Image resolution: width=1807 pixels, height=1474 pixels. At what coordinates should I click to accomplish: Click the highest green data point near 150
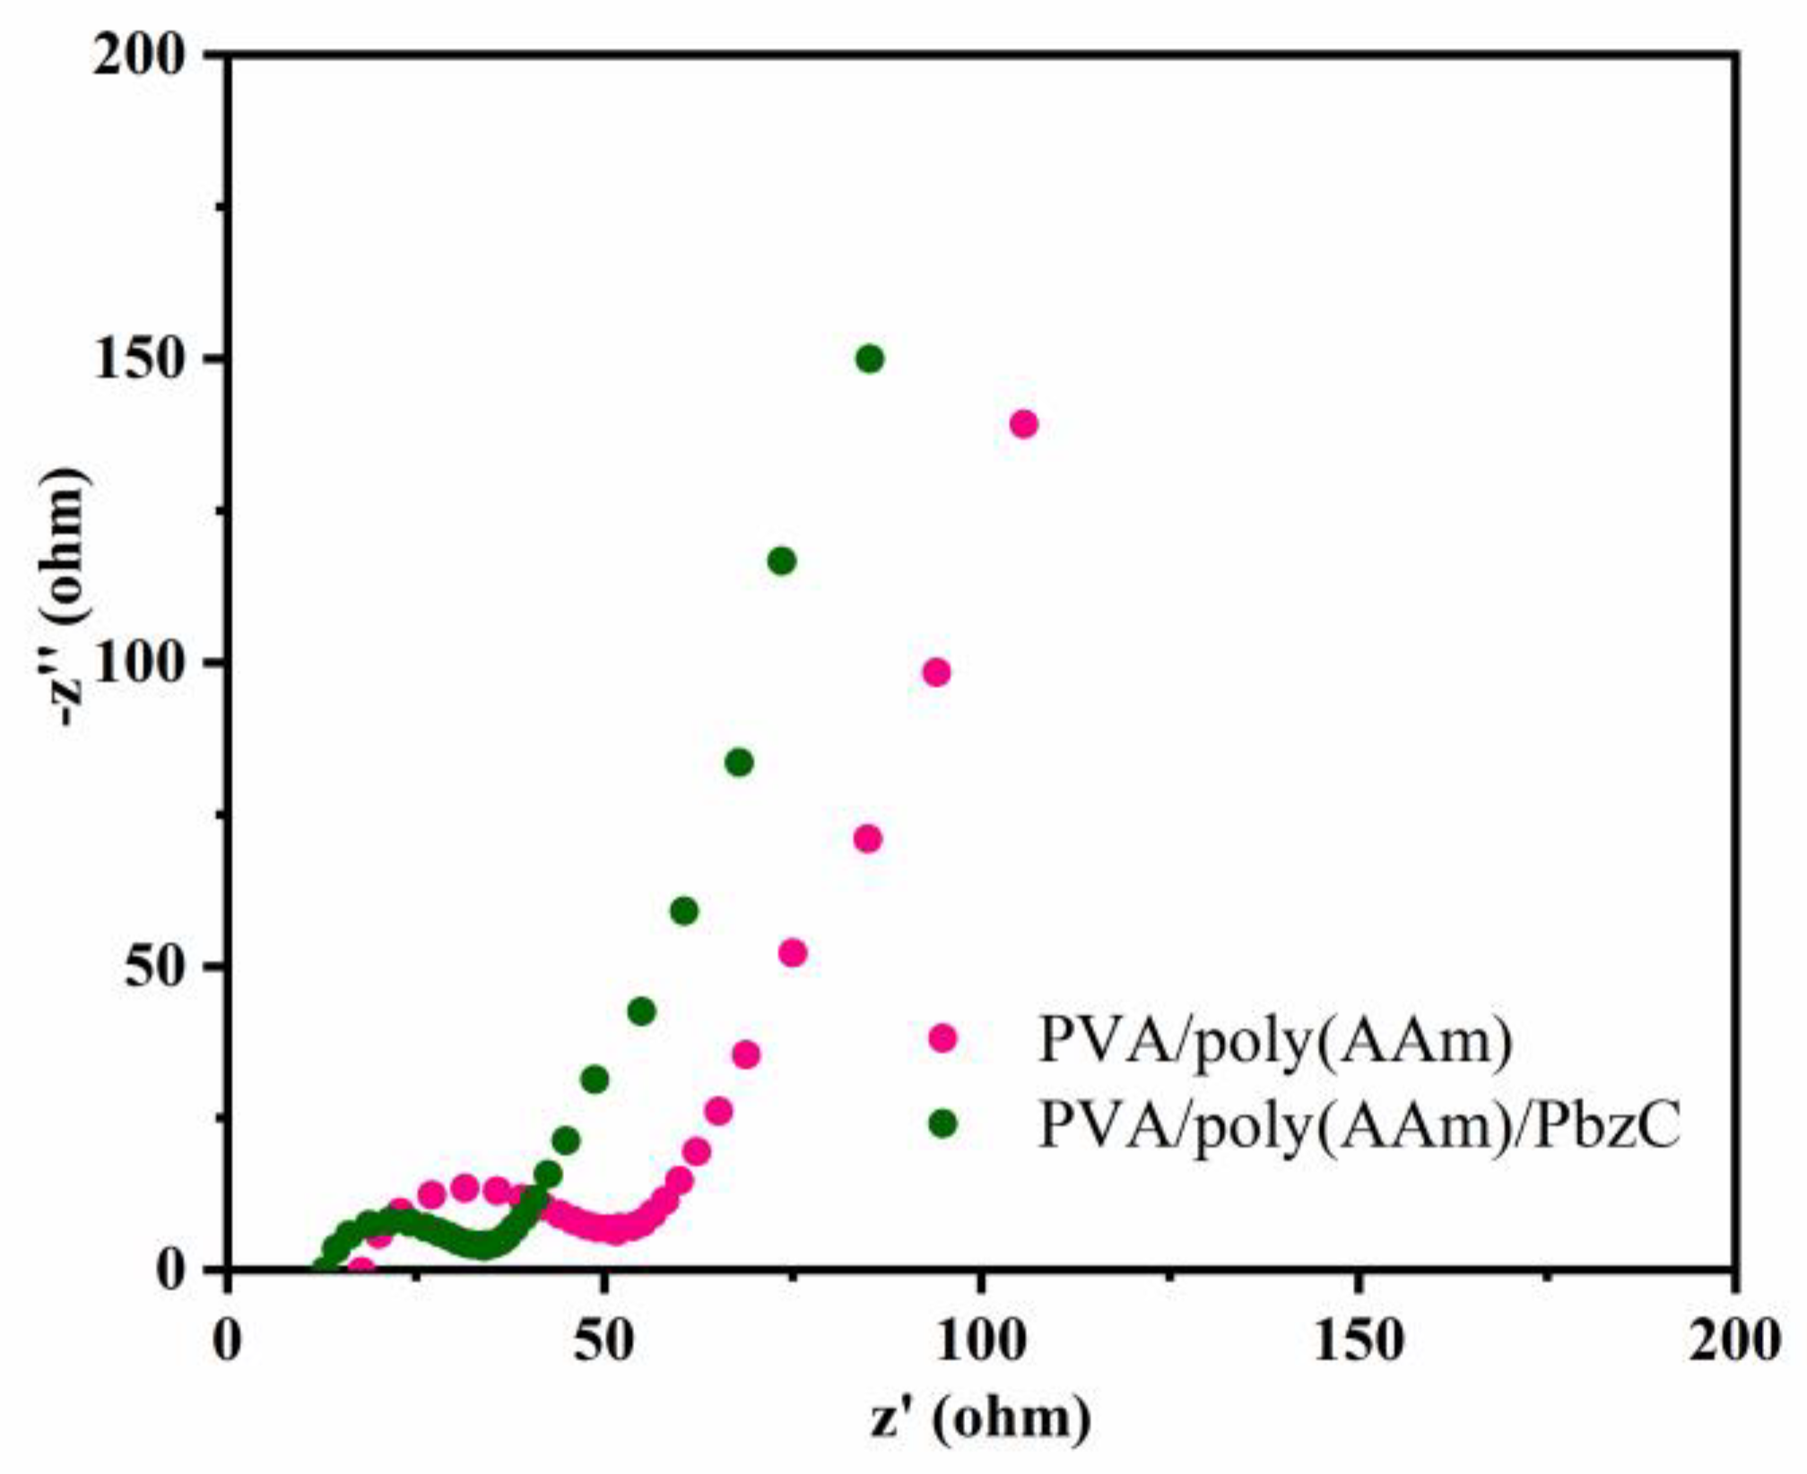[869, 360]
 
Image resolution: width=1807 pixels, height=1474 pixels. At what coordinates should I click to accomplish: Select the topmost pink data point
[1023, 424]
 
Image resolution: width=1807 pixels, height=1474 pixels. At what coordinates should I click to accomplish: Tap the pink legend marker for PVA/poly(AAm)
[943, 1038]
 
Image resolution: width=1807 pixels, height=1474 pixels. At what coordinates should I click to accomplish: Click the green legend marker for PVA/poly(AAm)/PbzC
[943, 1123]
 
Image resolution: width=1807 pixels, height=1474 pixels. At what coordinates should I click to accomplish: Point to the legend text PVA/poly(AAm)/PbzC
[1359, 1124]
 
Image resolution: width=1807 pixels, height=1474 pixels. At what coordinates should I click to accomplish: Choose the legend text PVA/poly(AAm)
[1275, 1040]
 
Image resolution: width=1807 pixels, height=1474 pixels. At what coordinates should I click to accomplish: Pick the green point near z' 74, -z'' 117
[782, 562]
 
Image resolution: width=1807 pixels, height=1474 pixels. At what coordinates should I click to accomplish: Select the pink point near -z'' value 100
[936, 672]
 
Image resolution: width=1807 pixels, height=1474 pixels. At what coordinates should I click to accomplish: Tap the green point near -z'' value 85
[739, 763]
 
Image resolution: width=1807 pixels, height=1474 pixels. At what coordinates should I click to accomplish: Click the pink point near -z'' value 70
[867, 839]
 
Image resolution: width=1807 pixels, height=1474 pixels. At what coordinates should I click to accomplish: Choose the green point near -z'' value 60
[684, 912]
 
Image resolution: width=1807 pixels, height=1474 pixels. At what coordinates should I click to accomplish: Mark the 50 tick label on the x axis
[604, 1342]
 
